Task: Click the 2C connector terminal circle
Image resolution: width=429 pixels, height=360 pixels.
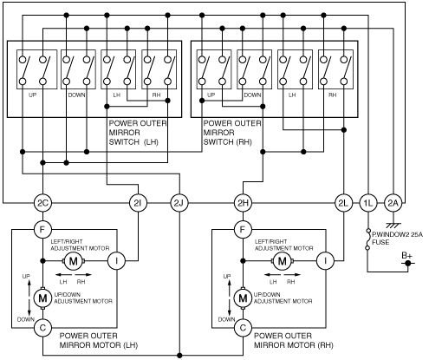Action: (x=42, y=203)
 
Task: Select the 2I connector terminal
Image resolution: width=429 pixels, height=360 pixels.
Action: (x=138, y=203)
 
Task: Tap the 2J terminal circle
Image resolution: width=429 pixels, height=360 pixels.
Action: (x=179, y=203)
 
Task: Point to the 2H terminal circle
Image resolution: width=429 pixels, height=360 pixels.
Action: (x=243, y=203)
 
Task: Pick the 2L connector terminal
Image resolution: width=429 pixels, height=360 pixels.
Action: (x=343, y=203)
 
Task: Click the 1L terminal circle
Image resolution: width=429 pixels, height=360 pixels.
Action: (x=368, y=203)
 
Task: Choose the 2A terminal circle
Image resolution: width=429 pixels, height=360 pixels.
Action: (x=393, y=203)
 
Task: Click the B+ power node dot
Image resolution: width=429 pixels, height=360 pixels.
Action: (x=408, y=264)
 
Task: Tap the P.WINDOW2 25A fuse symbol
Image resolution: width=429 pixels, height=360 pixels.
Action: (x=367, y=239)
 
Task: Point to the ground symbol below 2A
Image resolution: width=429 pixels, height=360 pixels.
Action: (x=393, y=225)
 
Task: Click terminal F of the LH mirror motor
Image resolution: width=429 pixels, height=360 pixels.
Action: (x=42, y=230)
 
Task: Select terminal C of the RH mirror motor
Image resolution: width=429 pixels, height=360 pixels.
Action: (x=243, y=328)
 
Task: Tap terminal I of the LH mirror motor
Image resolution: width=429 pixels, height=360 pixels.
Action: (x=117, y=261)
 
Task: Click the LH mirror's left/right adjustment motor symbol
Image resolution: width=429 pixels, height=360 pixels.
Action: (x=74, y=261)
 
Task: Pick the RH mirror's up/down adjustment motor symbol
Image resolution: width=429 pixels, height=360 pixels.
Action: (x=243, y=298)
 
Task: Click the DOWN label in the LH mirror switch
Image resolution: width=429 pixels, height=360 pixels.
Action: (x=77, y=95)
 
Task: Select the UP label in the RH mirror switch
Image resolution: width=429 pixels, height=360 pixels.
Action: (x=211, y=95)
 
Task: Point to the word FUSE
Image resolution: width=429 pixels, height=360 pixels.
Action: (x=380, y=242)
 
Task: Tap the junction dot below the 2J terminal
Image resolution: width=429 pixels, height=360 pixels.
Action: (x=179, y=355)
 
